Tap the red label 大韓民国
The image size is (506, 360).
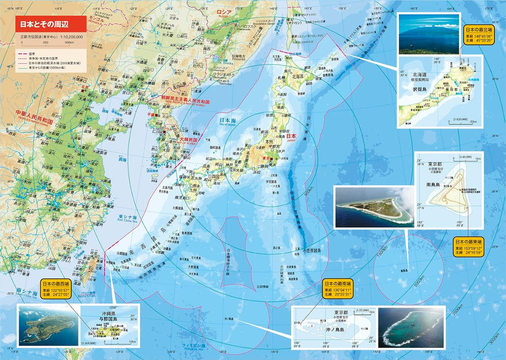tap(188, 139)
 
